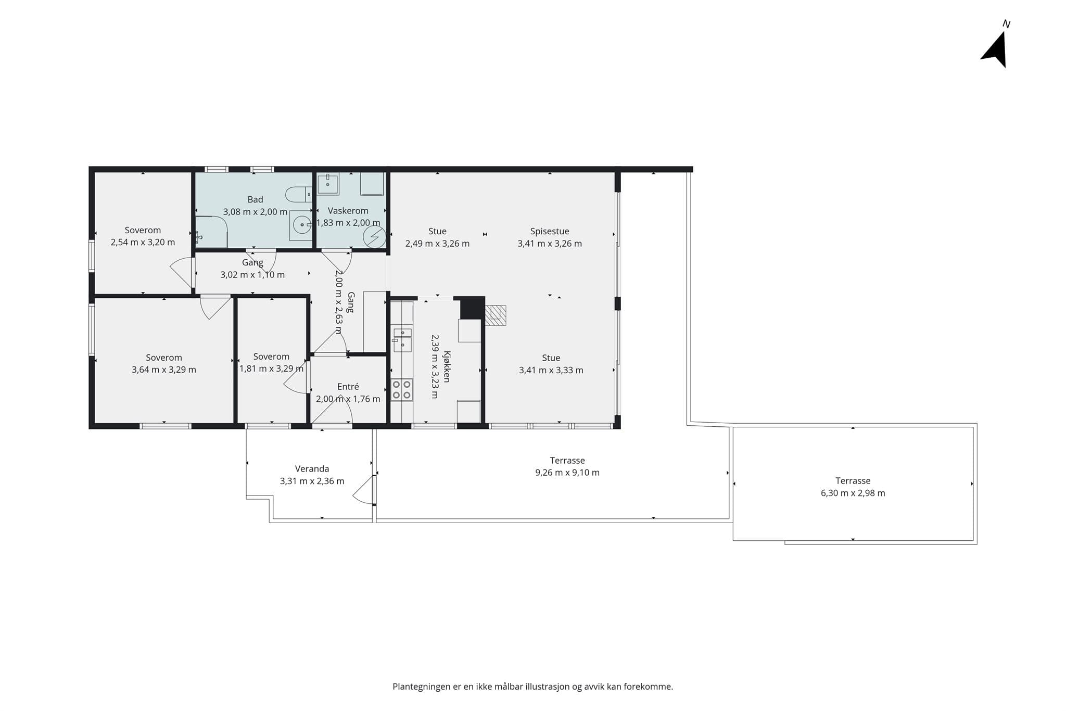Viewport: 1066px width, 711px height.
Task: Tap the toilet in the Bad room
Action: [x=298, y=195]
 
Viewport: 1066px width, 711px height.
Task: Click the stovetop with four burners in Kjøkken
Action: [x=402, y=390]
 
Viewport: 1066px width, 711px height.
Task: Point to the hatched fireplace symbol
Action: [x=495, y=315]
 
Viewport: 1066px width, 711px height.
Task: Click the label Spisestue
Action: [x=550, y=231]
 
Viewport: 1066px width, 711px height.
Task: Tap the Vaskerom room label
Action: [x=348, y=211]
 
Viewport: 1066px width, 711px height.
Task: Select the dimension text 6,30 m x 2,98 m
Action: [x=853, y=493]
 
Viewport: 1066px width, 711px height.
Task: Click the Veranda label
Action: [x=312, y=468]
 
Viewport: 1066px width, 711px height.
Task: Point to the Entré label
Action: [x=348, y=387]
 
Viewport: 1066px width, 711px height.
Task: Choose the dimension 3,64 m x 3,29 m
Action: [x=164, y=370]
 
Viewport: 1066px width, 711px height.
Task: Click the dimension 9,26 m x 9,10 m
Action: [x=567, y=473]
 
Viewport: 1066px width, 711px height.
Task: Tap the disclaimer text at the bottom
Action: [x=532, y=687]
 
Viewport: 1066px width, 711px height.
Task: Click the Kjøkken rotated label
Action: [x=447, y=367]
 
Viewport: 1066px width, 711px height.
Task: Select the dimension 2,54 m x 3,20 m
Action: [x=143, y=242]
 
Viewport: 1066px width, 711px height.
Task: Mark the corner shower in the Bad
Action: [x=211, y=232]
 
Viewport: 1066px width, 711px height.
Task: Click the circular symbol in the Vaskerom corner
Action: [x=374, y=237]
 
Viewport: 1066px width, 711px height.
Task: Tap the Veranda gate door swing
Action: [x=363, y=490]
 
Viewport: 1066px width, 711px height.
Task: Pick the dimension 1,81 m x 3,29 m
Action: [x=271, y=369]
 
